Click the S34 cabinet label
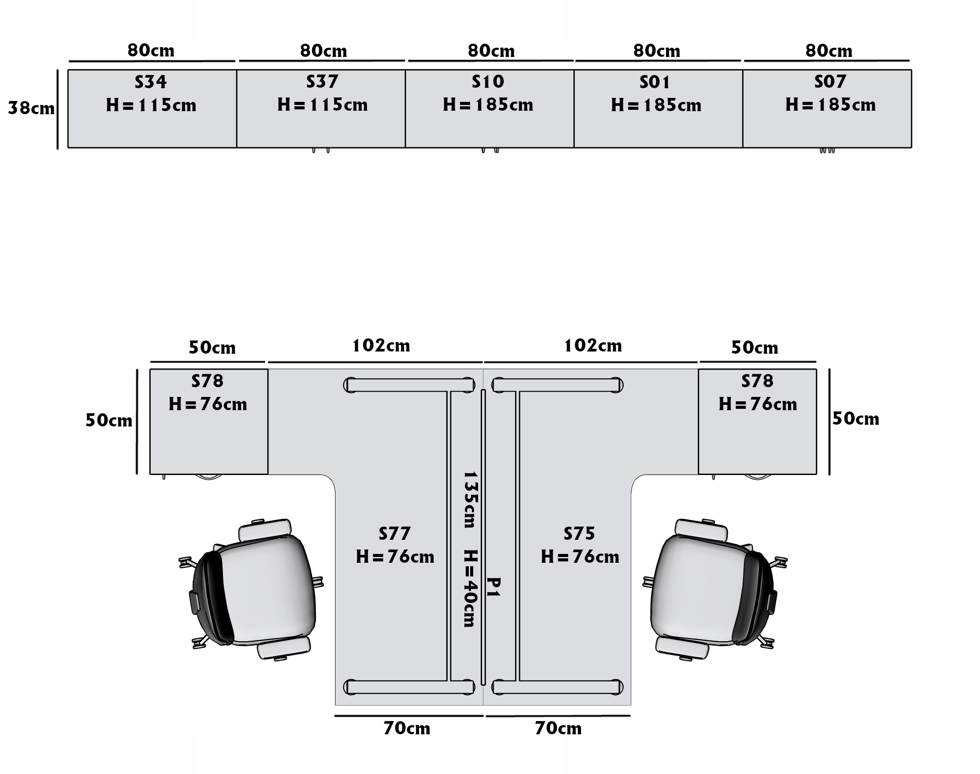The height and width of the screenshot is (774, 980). (151, 82)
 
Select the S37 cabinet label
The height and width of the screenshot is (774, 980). (322, 82)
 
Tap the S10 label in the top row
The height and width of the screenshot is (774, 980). (488, 82)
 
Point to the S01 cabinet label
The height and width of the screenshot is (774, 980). (655, 82)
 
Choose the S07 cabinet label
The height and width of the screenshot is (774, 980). (830, 82)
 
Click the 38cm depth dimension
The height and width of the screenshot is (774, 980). (31, 108)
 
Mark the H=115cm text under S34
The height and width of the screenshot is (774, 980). (151, 105)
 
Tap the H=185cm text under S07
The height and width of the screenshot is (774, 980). (830, 105)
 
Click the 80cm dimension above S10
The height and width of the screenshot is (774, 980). (491, 51)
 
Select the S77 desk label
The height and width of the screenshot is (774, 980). (395, 533)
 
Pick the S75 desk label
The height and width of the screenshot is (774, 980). (579, 533)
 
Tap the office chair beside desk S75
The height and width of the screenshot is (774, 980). (714, 589)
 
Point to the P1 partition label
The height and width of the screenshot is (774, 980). (494, 587)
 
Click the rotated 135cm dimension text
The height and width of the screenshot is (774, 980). (470, 499)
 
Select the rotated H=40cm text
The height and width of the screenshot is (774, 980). (470, 588)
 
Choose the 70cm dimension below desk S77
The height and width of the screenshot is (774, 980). (407, 728)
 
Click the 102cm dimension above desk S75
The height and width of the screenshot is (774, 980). (593, 346)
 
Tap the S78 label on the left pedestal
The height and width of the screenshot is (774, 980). (207, 381)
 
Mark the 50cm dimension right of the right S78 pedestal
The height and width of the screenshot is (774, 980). (855, 419)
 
